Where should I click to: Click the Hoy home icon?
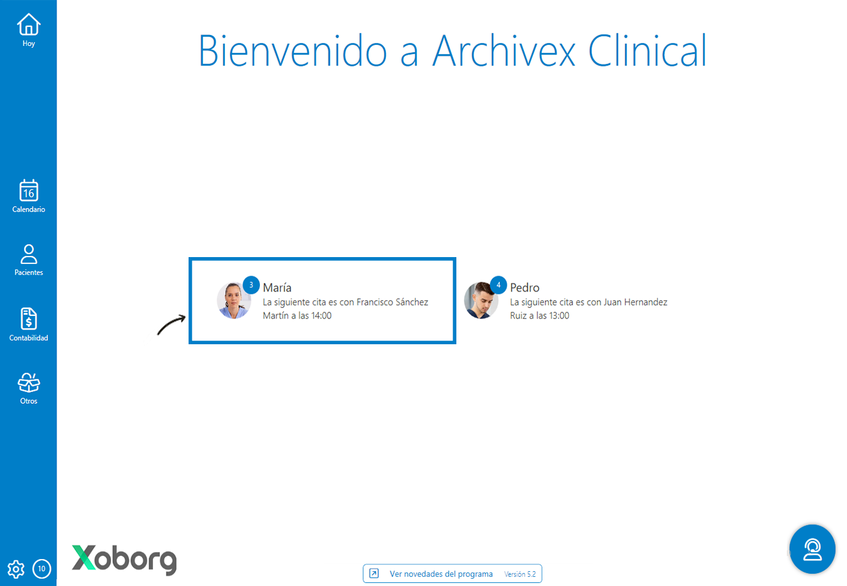[x=28, y=25]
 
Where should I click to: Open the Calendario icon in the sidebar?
[x=28, y=191]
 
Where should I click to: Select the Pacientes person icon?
[x=28, y=254]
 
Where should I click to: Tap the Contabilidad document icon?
[x=28, y=319]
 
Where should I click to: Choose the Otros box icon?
[x=28, y=384]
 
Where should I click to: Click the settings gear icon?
[x=16, y=569]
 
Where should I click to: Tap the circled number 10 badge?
[x=42, y=569]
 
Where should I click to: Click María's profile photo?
[x=233, y=301]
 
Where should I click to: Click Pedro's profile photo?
[x=480, y=301]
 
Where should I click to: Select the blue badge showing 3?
[x=251, y=285]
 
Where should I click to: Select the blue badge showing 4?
[x=498, y=285]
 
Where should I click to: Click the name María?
[x=277, y=287]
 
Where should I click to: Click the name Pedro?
[x=525, y=287]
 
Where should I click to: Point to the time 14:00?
[x=321, y=315]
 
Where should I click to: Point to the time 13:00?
[x=559, y=315]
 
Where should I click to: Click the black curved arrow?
[x=171, y=325]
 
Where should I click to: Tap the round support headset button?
[x=812, y=549]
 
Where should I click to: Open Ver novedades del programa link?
[x=440, y=574]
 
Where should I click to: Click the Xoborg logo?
[x=124, y=559]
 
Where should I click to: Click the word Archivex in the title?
[x=504, y=51]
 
